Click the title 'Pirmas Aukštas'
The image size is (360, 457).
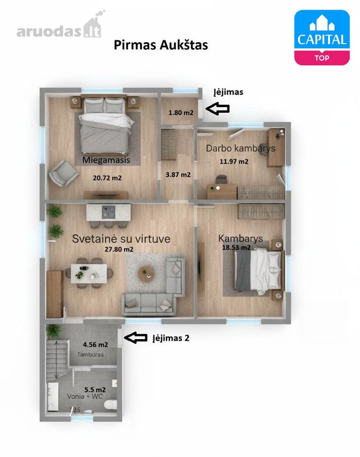point(160,45)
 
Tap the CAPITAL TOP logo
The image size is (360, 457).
point(322,37)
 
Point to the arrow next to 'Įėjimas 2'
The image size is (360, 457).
point(136,338)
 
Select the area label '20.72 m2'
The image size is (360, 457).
point(107,178)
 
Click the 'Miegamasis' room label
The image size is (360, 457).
point(106,160)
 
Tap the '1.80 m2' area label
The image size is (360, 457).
point(181,113)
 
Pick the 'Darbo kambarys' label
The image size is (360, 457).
point(241,148)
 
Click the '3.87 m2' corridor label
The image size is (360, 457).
point(178,175)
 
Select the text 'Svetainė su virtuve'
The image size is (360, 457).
point(121,239)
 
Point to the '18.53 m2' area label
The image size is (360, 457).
point(236,247)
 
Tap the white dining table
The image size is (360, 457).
point(89,273)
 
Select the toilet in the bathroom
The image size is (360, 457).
point(111,404)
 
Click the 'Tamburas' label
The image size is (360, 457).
point(90,355)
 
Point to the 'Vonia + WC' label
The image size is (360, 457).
point(85,397)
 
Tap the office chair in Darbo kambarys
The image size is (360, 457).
point(221,179)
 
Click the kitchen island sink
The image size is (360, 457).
point(109,212)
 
